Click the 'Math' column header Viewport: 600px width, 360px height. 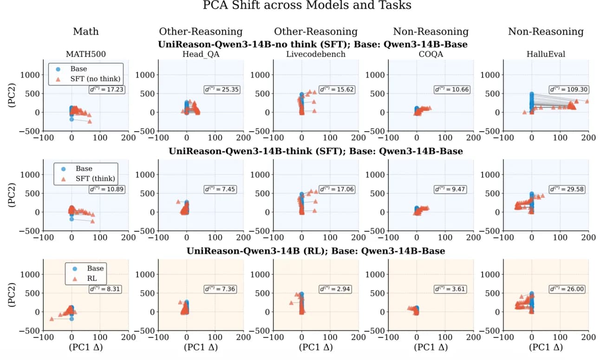tap(85, 32)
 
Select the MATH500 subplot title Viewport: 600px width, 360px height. tap(85, 54)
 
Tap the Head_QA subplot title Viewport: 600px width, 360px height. tap(201, 54)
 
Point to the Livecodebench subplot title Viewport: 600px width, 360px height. tap(316, 54)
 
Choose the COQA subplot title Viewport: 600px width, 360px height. tap(431, 54)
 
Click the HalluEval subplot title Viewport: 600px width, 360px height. tap(546, 54)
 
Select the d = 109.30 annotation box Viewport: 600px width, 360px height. tap(567, 89)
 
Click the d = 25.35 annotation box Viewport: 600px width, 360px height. tap(222, 89)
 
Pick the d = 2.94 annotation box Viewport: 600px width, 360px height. tap(337, 289)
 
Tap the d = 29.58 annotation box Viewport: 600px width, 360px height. tap(567, 189)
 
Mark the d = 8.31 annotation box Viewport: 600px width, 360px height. tap(107, 289)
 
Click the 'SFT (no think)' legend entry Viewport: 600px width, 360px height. tap(96, 79)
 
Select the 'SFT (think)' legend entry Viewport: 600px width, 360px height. tap(95, 179)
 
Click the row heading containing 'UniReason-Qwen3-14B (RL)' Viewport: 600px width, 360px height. tap(316, 251)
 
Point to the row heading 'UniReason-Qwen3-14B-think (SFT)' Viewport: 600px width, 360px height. tap(316, 151)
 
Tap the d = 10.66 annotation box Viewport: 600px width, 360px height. tap(452, 89)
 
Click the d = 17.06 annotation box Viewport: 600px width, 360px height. tap(337, 189)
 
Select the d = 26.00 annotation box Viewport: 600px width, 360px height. tap(567, 289)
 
